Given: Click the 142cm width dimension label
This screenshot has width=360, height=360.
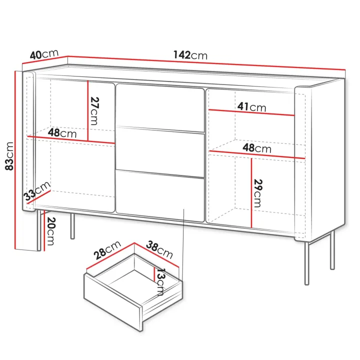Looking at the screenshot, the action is pyautogui.click(x=190, y=55).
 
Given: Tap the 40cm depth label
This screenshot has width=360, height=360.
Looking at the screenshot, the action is pyautogui.click(x=44, y=54).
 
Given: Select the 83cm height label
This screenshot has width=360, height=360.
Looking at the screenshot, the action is pyautogui.click(x=9, y=156).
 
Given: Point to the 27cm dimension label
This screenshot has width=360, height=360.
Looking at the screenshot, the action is pyautogui.click(x=94, y=111).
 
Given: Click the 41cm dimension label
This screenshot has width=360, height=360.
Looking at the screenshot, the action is pyautogui.click(x=251, y=107).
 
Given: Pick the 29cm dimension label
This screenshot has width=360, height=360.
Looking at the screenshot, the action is pyautogui.click(x=258, y=193).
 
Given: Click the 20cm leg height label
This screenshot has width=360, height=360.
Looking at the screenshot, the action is pyautogui.click(x=50, y=231).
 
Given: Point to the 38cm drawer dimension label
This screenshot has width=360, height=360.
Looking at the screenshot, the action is pyautogui.click(x=159, y=249).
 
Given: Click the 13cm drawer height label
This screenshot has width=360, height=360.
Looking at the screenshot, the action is pyautogui.click(x=160, y=282).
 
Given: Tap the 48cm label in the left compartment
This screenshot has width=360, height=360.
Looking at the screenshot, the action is pyautogui.click(x=62, y=133).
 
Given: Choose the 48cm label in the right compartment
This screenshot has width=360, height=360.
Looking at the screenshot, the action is pyautogui.click(x=257, y=148).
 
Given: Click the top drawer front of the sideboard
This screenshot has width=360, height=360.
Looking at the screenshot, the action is pyautogui.click(x=160, y=107).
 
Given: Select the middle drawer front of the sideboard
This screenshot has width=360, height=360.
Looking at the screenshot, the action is pyautogui.click(x=160, y=151).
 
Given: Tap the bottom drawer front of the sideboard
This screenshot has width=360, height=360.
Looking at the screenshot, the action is pyautogui.click(x=160, y=195).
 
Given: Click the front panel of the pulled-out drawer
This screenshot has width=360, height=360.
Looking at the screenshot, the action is pyautogui.click(x=113, y=302).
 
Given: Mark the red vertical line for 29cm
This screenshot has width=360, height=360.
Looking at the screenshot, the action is pyautogui.click(x=251, y=193).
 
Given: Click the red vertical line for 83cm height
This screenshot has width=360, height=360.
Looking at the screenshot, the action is pyautogui.click(x=15, y=160).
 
